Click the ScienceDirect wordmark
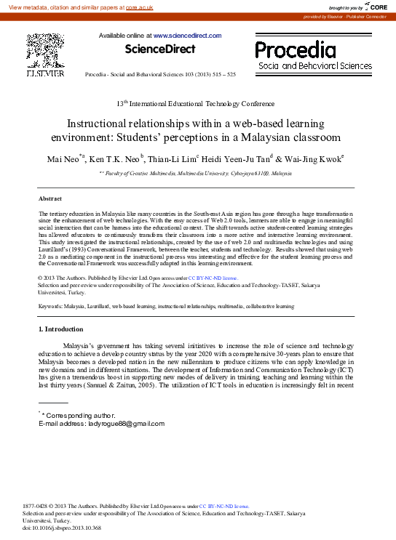coord(159,49)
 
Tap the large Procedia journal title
coord(295,50)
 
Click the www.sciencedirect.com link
coord(186,35)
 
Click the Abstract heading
coord(49,198)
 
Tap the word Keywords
coord(52,307)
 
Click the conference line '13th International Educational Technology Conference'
coord(196,104)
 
